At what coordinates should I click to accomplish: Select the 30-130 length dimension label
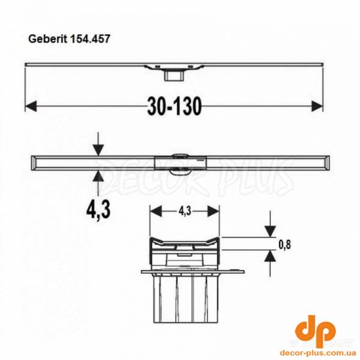pos(174,106)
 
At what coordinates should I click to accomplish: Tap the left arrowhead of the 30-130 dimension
pos(29,106)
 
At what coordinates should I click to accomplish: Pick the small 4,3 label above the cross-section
pos(184,211)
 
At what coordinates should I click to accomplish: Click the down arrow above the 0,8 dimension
pos(270,230)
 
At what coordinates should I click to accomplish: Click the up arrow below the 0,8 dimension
pos(270,256)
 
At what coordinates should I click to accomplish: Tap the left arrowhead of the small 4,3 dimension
pos(153,211)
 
